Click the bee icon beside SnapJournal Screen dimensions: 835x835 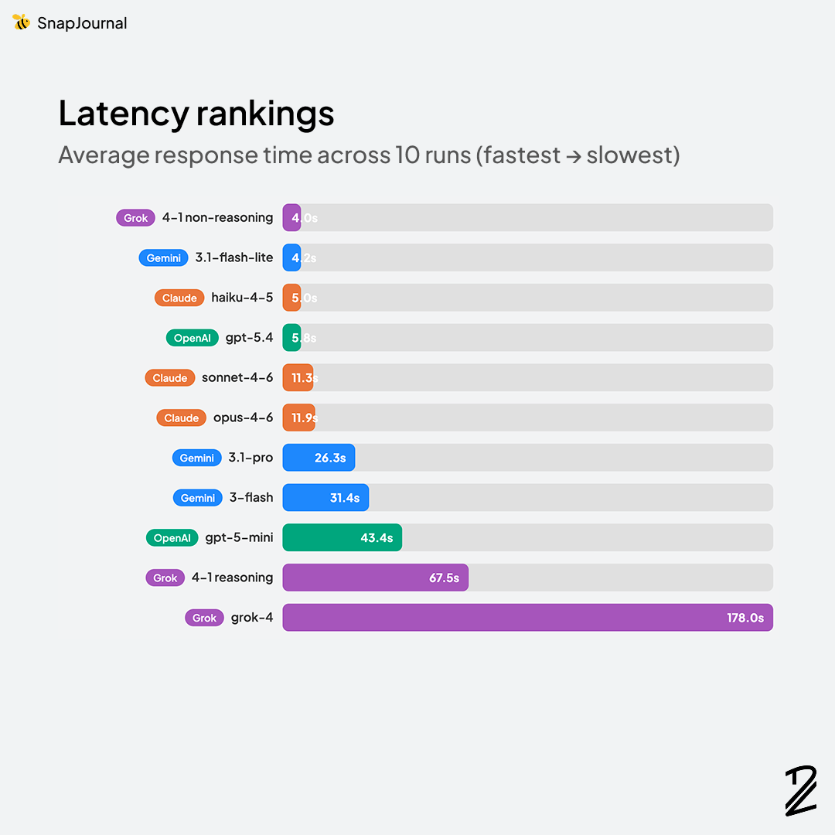[x=22, y=22]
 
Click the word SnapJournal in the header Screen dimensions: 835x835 [x=82, y=23]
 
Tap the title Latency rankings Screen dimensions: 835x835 [x=196, y=114]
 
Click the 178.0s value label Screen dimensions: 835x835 [x=745, y=618]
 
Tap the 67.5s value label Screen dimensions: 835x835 [x=444, y=578]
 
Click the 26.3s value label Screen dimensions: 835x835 [x=330, y=458]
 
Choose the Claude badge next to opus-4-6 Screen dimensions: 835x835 [x=182, y=417]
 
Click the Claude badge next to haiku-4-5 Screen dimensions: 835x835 [x=179, y=298]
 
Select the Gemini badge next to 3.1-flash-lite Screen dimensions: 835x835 [x=164, y=258]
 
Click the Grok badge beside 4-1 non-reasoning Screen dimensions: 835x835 [x=135, y=218]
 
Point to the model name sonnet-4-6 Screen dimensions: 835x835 [x=237, y=378]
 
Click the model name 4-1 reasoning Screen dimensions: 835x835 [x=232, y=578]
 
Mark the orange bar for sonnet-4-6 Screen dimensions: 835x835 [x=298, y=378]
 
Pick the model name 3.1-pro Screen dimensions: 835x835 [x=250, y=458]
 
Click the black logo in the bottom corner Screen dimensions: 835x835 [x=801, y=790]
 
